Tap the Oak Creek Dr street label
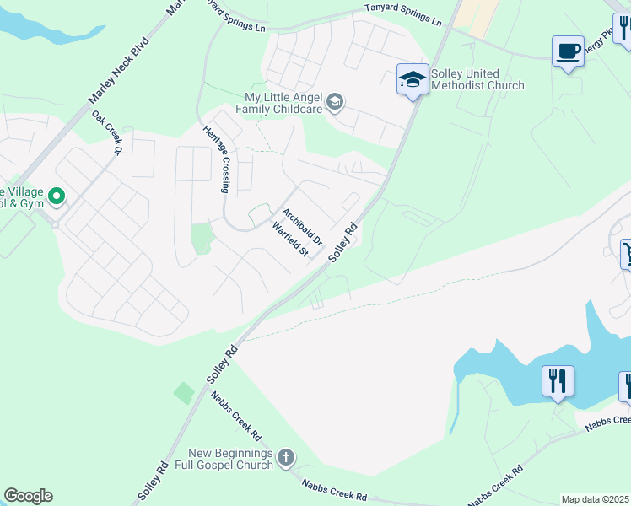108,133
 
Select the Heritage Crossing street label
217,159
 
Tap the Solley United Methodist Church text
477,80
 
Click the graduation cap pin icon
412,80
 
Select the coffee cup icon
568,51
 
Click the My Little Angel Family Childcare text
278,103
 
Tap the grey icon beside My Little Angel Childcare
335,103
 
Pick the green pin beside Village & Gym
57,197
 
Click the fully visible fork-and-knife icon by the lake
558,380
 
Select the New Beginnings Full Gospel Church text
231,459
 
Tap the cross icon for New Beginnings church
286,458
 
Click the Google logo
28,496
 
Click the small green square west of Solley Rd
183,392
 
